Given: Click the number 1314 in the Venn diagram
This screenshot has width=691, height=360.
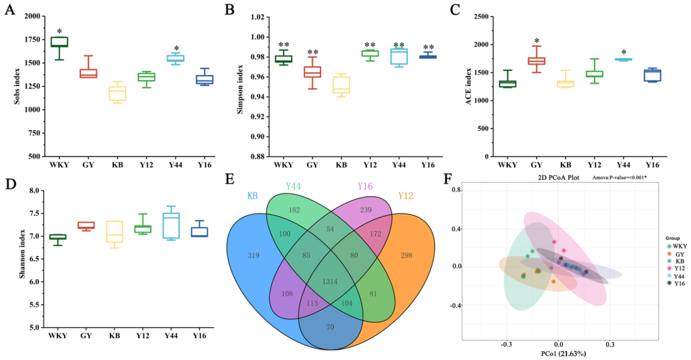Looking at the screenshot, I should click(x=330, y=281).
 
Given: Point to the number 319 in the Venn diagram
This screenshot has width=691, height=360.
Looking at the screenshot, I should click(x=253, y=255).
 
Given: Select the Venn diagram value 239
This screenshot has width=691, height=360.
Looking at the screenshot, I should click(x=366, y=210).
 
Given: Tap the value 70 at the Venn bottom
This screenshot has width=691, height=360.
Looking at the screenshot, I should click(x=330, y=327).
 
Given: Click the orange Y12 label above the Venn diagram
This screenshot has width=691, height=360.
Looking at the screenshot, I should click(x=405, y=196).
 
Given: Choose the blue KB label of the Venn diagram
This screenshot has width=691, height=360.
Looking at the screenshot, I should click(x=252, y=196).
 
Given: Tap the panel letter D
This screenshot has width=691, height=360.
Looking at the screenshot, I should click(x=11, y=184).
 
